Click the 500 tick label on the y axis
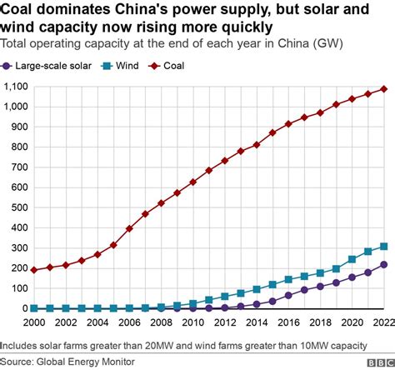point(17,207)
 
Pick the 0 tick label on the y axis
point(22,308)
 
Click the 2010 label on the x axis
point(193,322)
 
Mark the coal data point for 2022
point(384,89)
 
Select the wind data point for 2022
point(384,247)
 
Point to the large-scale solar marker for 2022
point(384,264)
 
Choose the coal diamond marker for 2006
point(129,228)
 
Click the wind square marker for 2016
point(289,279)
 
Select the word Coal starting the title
point(19,10)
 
